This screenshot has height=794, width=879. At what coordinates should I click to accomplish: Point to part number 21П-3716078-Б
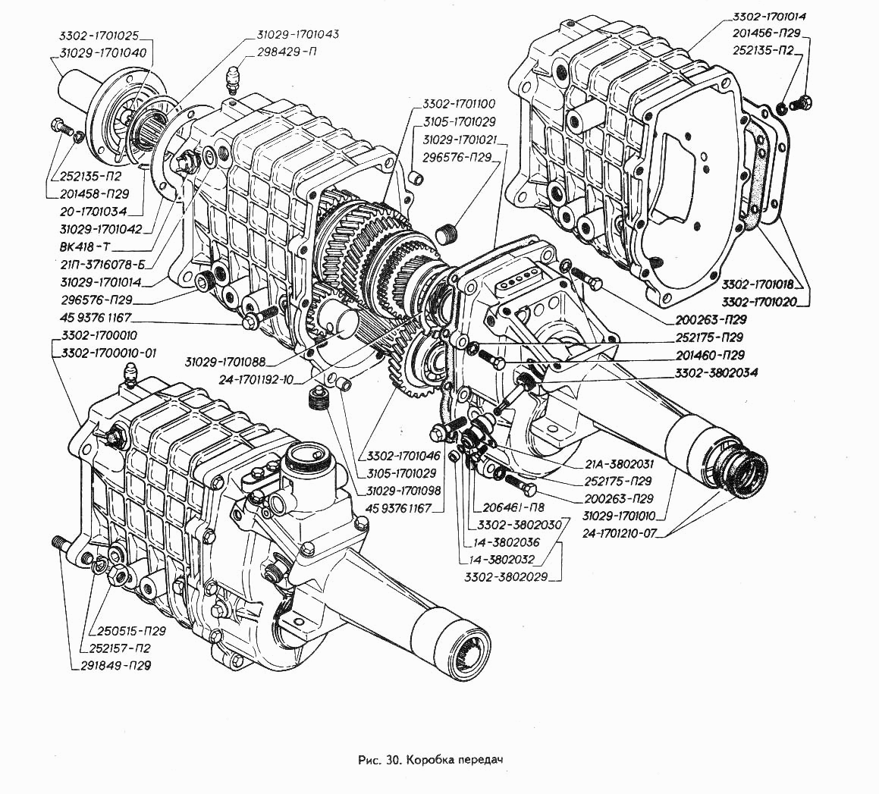101,265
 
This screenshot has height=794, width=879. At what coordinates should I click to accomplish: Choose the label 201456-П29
767,34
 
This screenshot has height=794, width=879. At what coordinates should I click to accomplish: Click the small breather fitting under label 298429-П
234,79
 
